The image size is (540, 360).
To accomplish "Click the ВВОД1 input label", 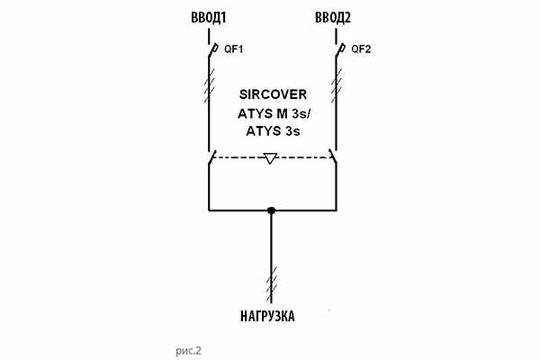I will pyautogui.click(x=210, y=18).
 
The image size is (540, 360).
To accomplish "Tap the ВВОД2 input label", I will pyautogui.click(x=335, y=18).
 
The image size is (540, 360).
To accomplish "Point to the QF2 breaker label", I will pyautogui.click(x=361, y=49).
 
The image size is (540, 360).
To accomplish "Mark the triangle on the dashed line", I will pyautogui.click(x=271, y=159).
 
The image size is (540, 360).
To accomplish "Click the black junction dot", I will pyautogui.click(x=271, y=211).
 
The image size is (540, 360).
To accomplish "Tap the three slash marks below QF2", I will pyautogui.click(x=337, y=86).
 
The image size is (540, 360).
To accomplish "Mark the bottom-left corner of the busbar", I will pyautogui.click(x=209, y=211).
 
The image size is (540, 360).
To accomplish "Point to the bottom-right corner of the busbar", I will pyautogui.click(x=335, y=211).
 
